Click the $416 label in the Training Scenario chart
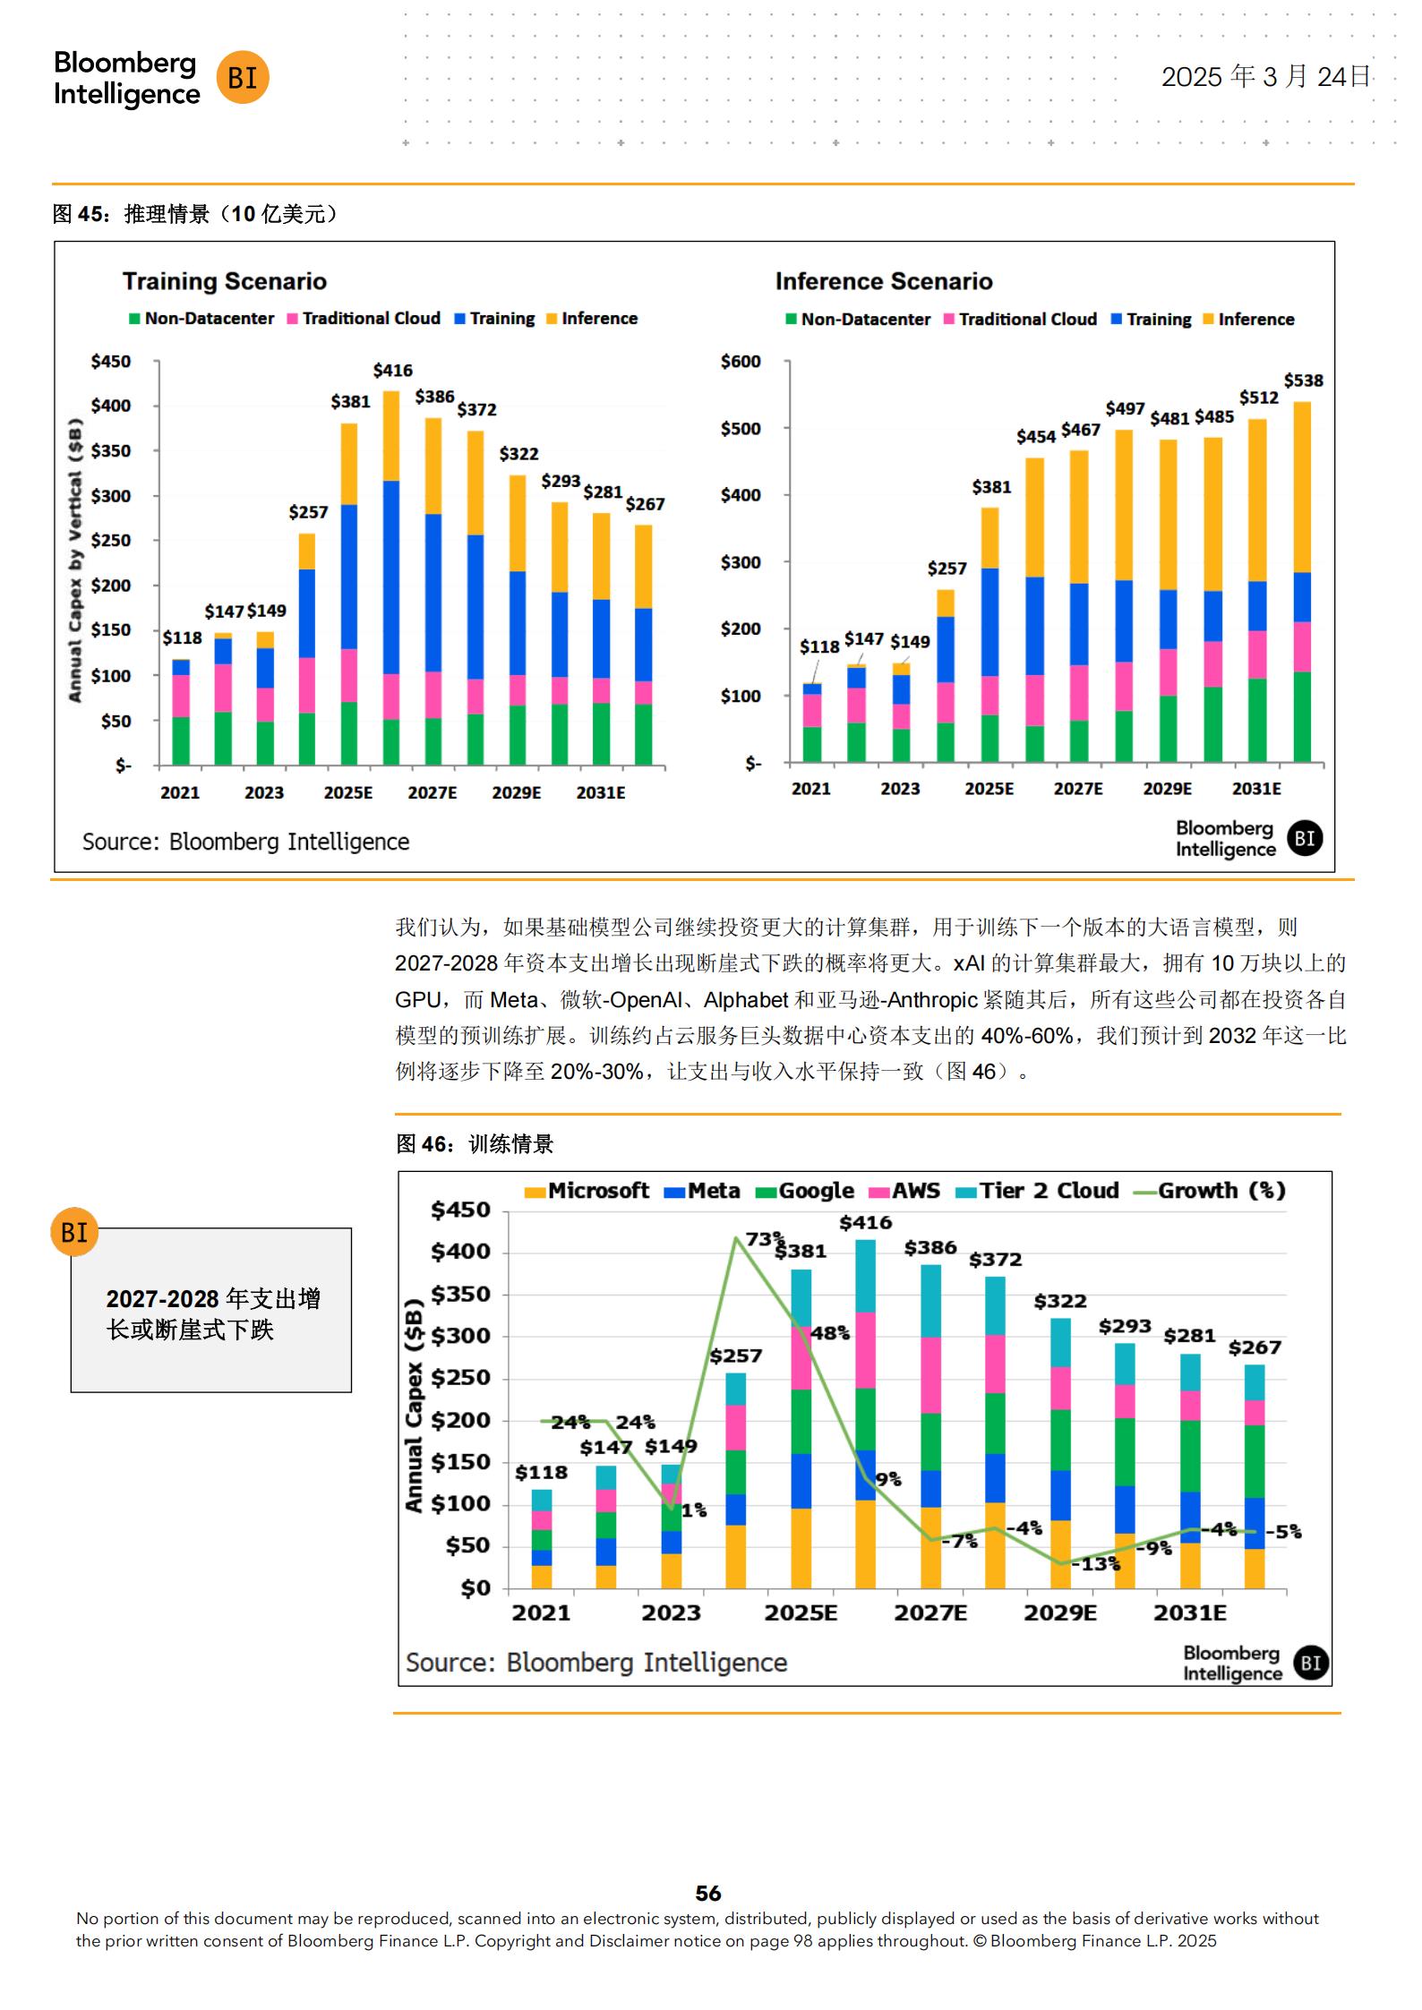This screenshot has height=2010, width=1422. click(392, 370)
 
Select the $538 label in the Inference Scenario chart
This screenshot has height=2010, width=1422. click(1303, 381)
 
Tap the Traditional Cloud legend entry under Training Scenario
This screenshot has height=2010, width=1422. click(364, 319)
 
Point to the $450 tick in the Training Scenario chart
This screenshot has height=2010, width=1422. click(111, 362)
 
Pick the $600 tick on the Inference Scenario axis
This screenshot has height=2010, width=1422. click(741, 362)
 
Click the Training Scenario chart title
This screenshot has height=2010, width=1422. click(224, 282)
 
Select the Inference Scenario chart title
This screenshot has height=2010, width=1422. click(884, 282)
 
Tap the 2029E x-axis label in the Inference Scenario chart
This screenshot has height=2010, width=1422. click(1167, 789)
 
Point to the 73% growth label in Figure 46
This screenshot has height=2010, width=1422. click(764, 1239)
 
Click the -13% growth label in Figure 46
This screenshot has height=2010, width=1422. click(1100, 1563)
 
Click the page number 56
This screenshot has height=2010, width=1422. click(708, 1893)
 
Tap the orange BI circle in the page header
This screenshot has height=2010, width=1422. click(243, 78)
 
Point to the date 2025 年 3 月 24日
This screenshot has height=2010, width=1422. click(1265, 77)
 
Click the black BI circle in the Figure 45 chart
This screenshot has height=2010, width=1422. click(1305, 839)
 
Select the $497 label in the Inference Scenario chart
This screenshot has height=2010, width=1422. click(1125, 409)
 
